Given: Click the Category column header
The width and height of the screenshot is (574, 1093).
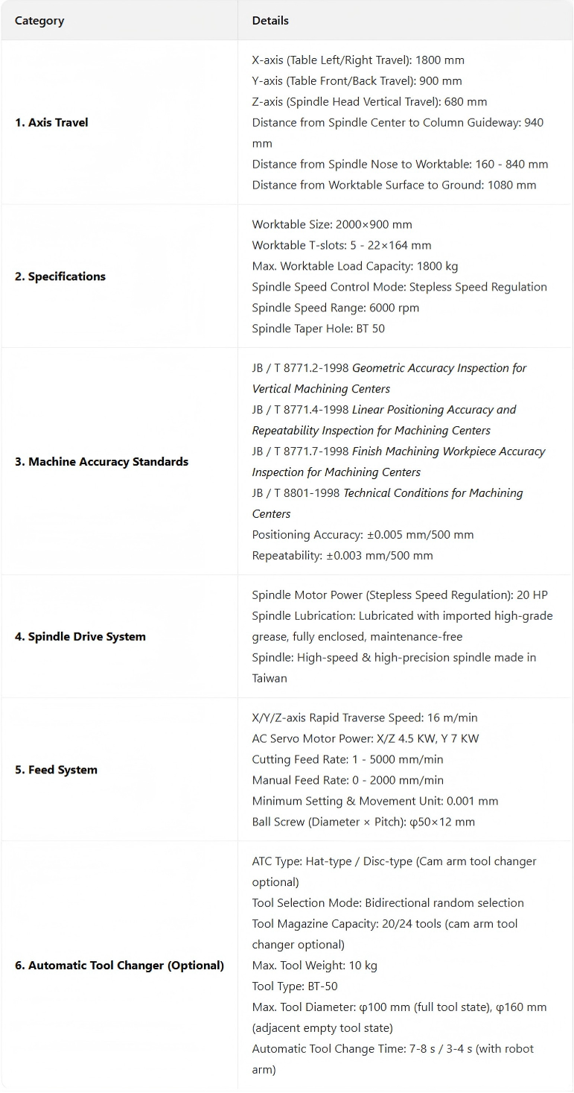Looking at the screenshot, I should [39, 21].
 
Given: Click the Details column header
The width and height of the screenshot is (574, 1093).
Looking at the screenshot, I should [270, 21].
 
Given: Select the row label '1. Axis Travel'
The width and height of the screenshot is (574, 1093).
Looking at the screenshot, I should [51, 122].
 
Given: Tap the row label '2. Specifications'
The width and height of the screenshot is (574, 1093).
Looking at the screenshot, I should [60, 276].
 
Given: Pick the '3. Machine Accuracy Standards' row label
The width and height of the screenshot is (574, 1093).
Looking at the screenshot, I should [101, 462].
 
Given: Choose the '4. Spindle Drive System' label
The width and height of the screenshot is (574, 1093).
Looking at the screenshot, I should [80, 637].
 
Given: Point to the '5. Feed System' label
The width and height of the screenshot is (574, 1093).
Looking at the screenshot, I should [57, 770].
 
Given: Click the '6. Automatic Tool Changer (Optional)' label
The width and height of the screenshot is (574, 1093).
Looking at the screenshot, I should [119, 966].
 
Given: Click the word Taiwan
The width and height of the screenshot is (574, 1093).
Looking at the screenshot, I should [270, 679].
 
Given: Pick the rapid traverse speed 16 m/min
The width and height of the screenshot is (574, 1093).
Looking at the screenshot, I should [453, 718].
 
